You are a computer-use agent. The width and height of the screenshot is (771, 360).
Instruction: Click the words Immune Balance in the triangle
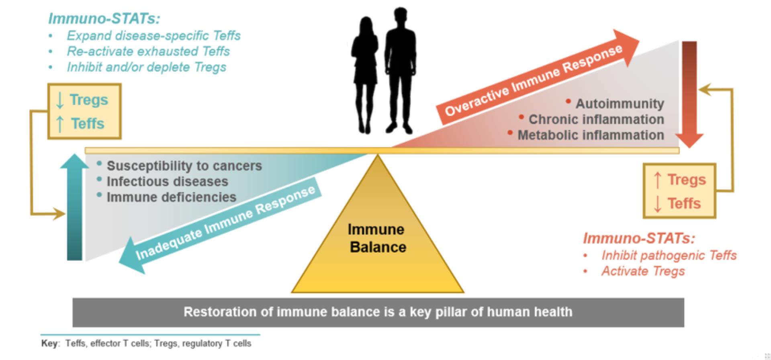click(377, 238)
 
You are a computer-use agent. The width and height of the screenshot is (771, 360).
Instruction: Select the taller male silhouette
click(399, 70)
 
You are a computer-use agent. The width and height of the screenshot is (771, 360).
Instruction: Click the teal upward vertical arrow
click(75, 207)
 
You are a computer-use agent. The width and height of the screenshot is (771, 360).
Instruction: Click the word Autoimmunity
click(620, 104)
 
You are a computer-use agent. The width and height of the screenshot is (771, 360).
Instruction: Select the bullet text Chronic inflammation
click(596, 119)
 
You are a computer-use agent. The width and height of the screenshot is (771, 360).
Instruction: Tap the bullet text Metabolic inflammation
click(591, 135)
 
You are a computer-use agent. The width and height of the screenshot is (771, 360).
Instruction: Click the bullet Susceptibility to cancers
click(184, 166)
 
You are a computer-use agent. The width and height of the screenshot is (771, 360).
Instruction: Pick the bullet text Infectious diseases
click(167, 181)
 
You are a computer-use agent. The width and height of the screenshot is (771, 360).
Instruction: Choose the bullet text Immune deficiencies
click(171, 197)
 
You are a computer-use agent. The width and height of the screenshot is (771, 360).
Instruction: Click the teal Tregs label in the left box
click(89, 100)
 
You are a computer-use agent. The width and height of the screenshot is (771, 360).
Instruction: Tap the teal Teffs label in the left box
click(88, 123)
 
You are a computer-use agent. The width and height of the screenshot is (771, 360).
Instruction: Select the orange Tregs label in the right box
click(687, 180)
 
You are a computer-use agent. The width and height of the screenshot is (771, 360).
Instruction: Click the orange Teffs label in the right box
click(684, 203)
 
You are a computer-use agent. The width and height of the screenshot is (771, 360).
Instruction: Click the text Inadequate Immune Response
click(225, 223)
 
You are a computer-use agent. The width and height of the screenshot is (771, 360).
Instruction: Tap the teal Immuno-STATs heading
click(104, 18)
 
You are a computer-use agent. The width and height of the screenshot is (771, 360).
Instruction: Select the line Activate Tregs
click(643, 271)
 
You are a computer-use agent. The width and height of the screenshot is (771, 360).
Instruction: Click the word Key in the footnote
click(49, 344)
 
